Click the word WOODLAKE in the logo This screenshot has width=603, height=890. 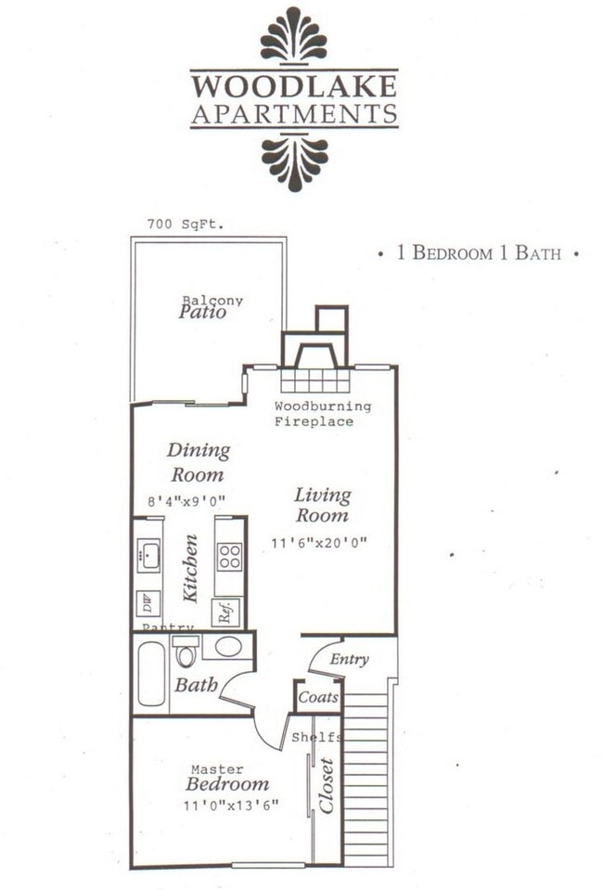point(294,86)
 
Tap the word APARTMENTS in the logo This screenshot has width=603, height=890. point(294,114)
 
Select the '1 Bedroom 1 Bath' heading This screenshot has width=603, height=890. point(479,252)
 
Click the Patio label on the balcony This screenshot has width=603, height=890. point(203,313)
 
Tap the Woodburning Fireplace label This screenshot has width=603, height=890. point(322,414)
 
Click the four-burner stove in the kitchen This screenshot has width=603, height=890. point(230,557)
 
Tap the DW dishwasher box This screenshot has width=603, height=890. point(147,604)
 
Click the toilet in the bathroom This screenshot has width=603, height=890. point(185,653)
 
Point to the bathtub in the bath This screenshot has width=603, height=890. point(150,674)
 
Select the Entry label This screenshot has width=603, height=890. point(349,660)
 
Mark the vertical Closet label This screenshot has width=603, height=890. point(327,785)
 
